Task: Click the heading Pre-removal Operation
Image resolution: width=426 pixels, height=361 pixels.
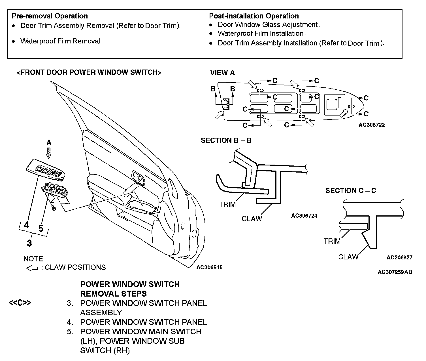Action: click(50, 16)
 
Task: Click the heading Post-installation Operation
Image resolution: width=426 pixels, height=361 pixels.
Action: click(254, 16)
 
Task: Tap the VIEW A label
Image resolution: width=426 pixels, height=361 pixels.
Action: click(222, 73)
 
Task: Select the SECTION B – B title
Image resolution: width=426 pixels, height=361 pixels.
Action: click(226, 140)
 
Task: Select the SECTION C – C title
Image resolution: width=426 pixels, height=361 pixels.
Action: click(351, 191)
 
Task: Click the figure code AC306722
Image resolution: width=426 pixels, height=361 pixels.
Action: click(372, 125)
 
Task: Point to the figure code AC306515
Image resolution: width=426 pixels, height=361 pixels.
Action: click(209, 267)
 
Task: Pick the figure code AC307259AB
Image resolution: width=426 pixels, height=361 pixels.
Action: click(395, 272)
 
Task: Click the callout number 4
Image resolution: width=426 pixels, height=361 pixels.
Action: click(27, 225)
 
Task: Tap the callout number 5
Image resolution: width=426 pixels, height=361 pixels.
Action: click(41, 228)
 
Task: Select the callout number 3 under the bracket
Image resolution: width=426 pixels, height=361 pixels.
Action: click(29, 243)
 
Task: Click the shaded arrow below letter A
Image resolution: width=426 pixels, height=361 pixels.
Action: click(49, 153)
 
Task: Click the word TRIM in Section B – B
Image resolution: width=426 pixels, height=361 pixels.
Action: click(227, 204)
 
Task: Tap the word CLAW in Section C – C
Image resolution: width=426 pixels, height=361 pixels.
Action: click(348, 257)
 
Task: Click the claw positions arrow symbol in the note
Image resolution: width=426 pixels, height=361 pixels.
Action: click(32, 268)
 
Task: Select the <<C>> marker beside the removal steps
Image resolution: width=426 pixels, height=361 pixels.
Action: click(20, 303)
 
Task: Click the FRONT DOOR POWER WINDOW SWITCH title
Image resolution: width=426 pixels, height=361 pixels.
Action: click(89, 72)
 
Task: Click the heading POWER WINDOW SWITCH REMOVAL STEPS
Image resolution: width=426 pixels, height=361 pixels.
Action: click(130, 289)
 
